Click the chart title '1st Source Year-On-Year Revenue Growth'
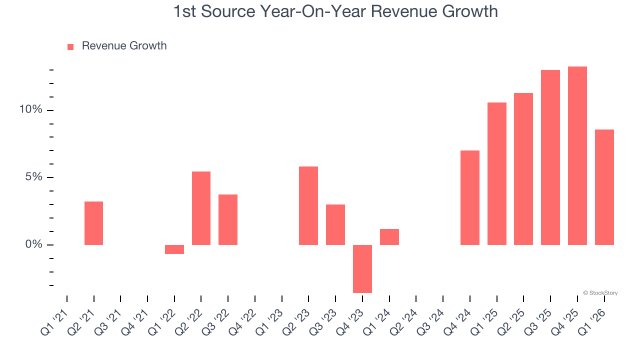tap(335, 11)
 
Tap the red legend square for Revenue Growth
tap(70, 46)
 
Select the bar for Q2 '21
tap(93, 223)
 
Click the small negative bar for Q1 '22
tap(174, 249)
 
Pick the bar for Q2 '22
tap(201, 208)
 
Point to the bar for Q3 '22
tap(228, 219)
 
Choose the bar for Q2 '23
tap(308, 205)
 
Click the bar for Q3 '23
tap(335, 224)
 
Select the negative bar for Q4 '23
tap(362, 268)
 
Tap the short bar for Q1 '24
tap(389, 237)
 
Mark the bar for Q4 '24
tap(470, 197)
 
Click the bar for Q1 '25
tap(497, 173)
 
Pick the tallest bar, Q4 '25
tap(577, 155)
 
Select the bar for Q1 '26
tap(604, 187)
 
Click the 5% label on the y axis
tap(33, 177)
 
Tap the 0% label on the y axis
tap(33, 244)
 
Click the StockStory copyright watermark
tap(600, 293)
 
